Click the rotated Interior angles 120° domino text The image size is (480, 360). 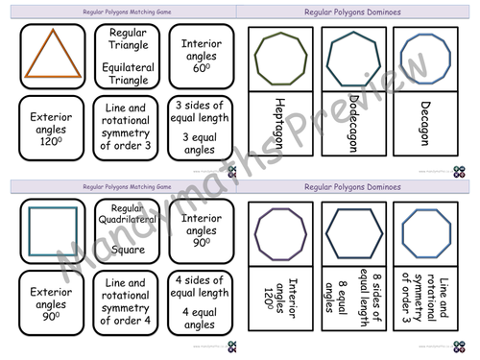279,304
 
